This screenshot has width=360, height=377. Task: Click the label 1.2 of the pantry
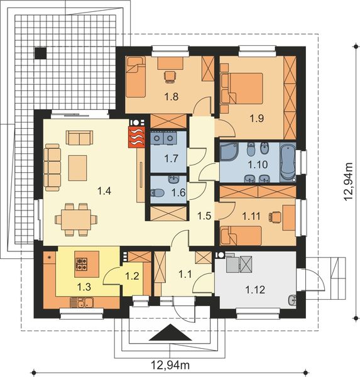[x=132, y=275]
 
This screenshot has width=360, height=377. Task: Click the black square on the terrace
[x=41, y=54]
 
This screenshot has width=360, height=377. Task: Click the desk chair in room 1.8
[x=168, y=76]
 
